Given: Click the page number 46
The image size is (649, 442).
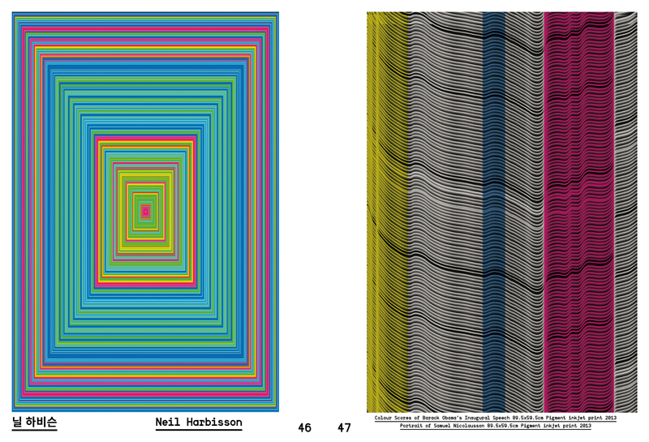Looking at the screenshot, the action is pos(305,427).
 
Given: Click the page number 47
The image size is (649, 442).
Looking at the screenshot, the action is pos(344,427).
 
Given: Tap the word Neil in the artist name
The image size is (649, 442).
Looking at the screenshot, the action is pos(168,423).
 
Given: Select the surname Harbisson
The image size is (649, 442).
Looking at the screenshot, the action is pos(214,423).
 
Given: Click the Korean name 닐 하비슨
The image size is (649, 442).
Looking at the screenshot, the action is pos(34,422).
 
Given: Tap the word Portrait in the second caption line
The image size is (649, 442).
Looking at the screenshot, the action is pos(412,426).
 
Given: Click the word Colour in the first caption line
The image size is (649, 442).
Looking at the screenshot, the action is pos(383,418).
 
